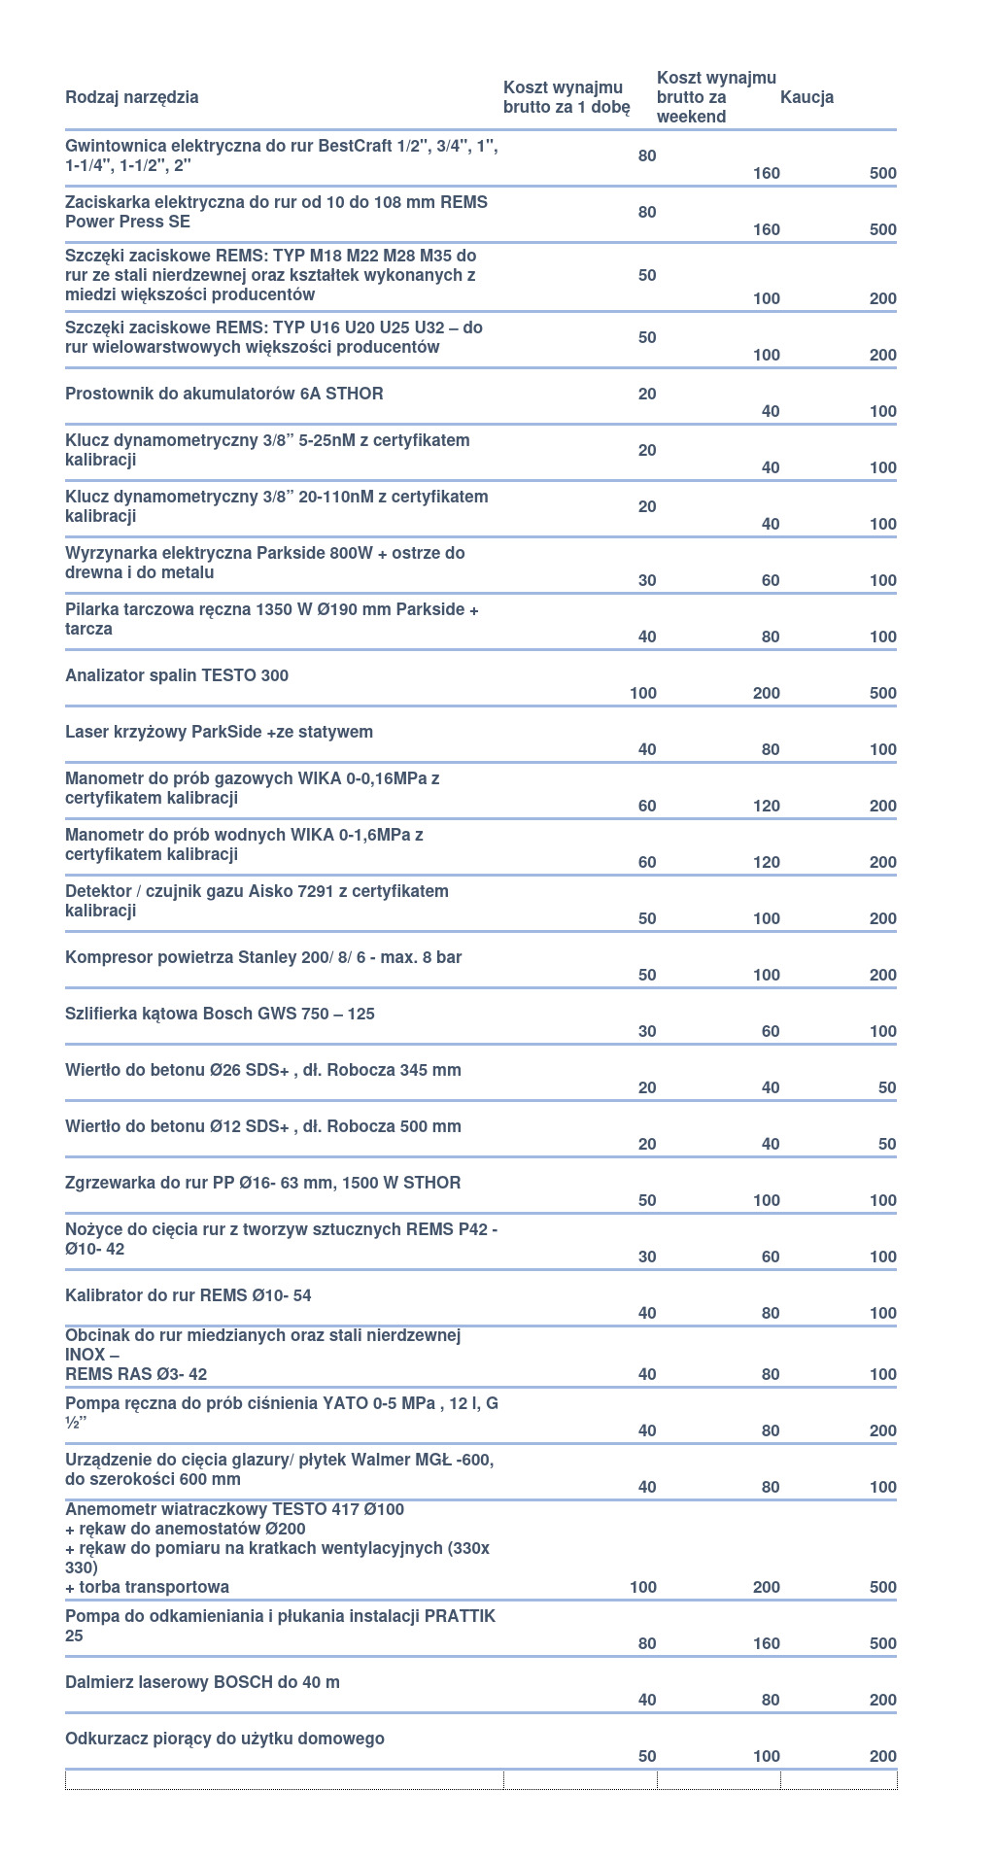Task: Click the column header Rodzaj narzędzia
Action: [x=132, y=97]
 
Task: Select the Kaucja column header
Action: [x=806, y=97]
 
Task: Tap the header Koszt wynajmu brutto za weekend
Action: [x=716, y=97]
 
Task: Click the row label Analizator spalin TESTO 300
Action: [x=177, y=675]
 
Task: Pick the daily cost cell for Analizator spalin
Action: [x=643, y=693]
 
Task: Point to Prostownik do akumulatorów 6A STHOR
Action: [x=224, y=394]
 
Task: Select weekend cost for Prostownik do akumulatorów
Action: [x=771, y=411]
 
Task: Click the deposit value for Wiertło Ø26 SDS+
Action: [x=886, y=1087]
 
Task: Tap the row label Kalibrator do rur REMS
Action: [x=189, y=1295]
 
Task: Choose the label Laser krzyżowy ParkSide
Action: [x=219, y=732]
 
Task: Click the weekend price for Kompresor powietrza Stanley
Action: [x=767, y=975]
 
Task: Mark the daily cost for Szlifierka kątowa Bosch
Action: [x=647, y=1031]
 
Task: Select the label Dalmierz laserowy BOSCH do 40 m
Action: [x=202, y=1682]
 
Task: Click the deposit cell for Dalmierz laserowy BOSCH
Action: [x=882, y=1700]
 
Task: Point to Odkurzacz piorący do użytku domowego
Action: [x=224, y=1739]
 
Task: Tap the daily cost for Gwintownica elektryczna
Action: [x=647, y=155]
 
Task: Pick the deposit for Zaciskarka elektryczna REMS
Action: [x=882, y=229]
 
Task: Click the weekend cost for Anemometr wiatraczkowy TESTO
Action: [x=767, y=1587]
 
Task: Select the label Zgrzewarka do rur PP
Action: [x=263, y=1183]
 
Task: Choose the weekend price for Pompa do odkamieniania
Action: [x=767, y=1643]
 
